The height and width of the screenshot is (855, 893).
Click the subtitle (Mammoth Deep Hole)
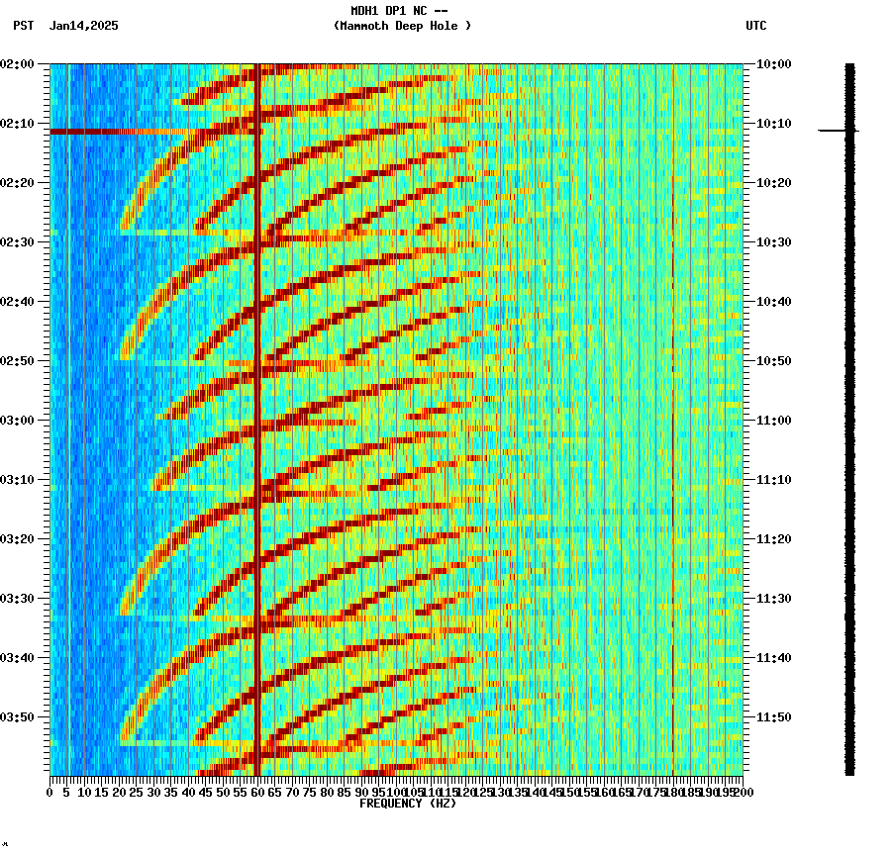tap(402, 26)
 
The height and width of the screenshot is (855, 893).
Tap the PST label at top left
tap(23, 26)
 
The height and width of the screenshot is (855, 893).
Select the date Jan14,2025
tap(83, 26)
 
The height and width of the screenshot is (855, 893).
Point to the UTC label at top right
tap(755, 26)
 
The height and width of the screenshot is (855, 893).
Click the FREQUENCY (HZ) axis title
tap(408, 804)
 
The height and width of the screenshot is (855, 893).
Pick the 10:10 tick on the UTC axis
tap(774, 124)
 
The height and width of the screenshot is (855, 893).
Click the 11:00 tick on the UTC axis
tap(774, 421)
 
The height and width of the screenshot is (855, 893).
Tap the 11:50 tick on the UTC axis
tap(774, 717)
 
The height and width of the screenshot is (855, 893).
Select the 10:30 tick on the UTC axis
tap(774, 242)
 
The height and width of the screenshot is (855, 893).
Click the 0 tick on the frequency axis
tap(50, 792)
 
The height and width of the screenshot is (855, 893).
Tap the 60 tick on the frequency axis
tap(258, 792)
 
